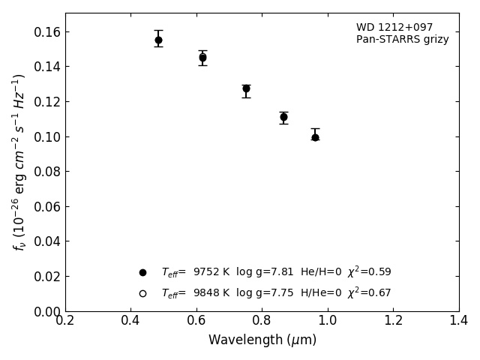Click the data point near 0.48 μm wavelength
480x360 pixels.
158,40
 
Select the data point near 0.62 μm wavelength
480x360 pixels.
202,57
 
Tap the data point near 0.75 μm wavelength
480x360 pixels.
246,88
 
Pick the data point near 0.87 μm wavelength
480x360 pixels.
283,117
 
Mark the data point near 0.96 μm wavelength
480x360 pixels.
315,137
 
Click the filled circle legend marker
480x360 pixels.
142,272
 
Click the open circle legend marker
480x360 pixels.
142,293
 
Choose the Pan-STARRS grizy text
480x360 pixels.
402,40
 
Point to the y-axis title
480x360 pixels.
19,162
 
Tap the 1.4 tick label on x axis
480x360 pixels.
458,320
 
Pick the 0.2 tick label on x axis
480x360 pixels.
65,320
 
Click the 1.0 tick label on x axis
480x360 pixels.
328,320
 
